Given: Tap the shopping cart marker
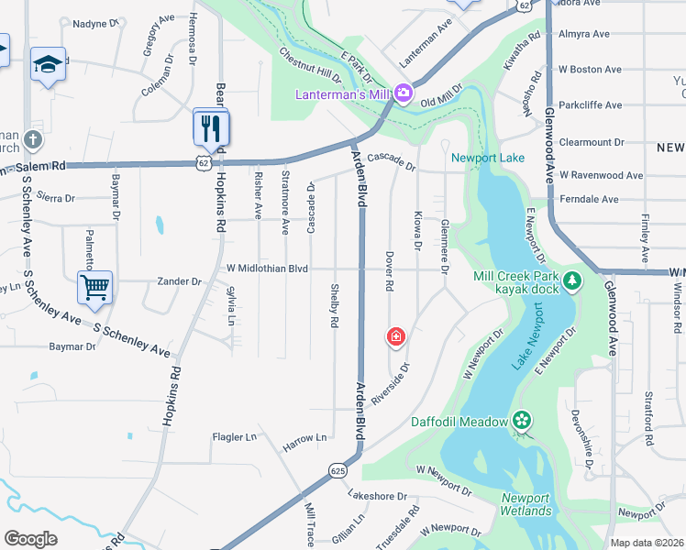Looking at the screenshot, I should click(x=95, y=288).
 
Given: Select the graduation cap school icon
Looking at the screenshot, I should click(x=48, y=64).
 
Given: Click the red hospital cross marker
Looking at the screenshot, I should click(x=396, y=337).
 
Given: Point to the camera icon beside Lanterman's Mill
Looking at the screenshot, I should click(x=404, y=94).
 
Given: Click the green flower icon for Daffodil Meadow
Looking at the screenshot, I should click(x=522, y=421).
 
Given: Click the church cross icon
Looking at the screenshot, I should click(x=33, y=140).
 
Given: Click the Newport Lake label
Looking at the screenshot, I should click(x=488, y=158).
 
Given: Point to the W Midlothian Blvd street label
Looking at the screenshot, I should click(x=267, y=268).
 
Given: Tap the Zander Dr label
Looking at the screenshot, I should click(x=179, y=281).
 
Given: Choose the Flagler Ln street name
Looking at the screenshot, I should click(x=234, y=437).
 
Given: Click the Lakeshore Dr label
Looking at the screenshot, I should click(x=377, y=496).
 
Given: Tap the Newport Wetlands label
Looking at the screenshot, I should click(x=526, y=505).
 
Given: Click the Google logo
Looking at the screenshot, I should click(x=30, y=539).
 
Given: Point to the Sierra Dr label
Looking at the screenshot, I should click(x=56, y=196).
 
